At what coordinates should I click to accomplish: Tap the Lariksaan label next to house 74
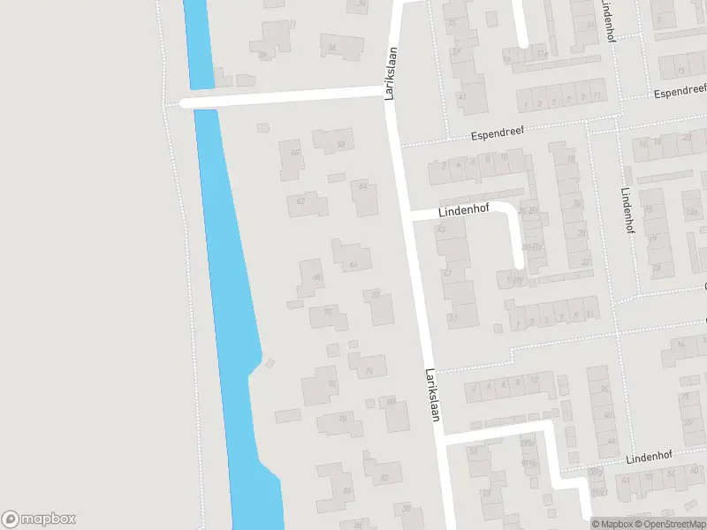[432, 395]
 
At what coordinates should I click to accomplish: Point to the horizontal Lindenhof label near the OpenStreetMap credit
[649, 458]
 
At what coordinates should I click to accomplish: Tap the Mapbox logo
[39, 519]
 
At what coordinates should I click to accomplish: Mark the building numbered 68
[312, 277]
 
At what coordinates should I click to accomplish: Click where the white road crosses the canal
[203, 101]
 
